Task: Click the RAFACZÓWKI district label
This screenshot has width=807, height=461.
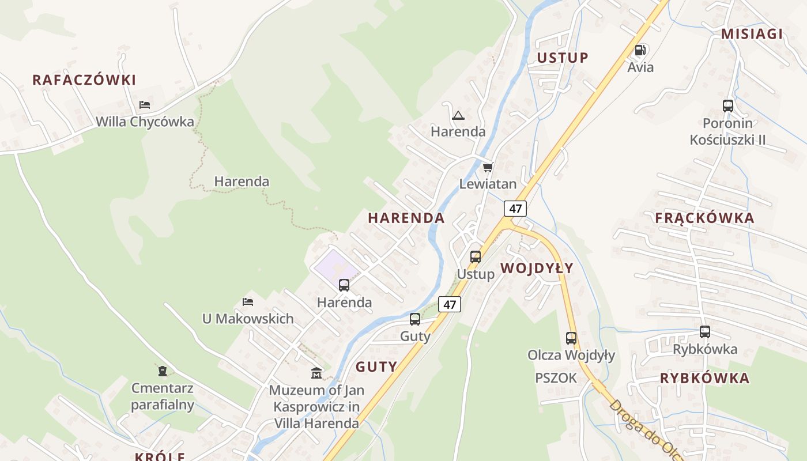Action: pyautogui.click(x=84, y=80)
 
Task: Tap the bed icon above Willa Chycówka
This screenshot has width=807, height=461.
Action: pyautogui.click(x=145, y=105)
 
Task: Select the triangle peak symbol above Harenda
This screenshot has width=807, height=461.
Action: pyautogui.click(x=458, y=115)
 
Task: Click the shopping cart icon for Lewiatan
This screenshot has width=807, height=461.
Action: pyautogui.click(x=488, y=168)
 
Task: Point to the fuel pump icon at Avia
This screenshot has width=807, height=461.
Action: pyautogui.click(x=640, y=51)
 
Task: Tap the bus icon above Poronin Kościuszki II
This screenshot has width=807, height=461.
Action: pyautogui.click(x=728, y=106)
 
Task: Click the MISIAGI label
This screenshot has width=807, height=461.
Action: pyautogui.click(x=752, y=34)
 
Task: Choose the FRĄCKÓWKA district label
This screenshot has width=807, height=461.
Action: pyautogui.click(x=704, y=218)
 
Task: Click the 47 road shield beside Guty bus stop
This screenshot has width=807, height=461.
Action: pyautogui.click(x=450, y=304)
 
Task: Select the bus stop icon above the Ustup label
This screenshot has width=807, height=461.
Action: pyautogui.click(x=476, y=257)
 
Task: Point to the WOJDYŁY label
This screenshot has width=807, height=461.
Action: pyautogui.click(x=537, y=268)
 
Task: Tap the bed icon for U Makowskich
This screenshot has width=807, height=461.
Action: pyautogui.click(x=248, y=302)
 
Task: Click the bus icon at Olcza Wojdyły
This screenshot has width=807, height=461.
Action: pyautogui.click(x=571, y=338)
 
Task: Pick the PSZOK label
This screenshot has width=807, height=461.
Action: pyautogui.click(x=556, y=378)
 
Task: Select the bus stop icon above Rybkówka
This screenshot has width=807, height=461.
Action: pyautogui.click(x=705, y=332)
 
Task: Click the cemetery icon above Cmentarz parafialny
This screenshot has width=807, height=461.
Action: pyautogui.click(x=163, y=371)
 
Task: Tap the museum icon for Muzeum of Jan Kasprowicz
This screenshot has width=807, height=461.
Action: pyautogui.click(x=316, y=373)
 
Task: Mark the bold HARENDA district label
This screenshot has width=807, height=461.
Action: pyautogui.click(x=406, y=218)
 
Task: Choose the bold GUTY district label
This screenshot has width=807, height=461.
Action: pyautogui.click(x=376, y=366)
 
